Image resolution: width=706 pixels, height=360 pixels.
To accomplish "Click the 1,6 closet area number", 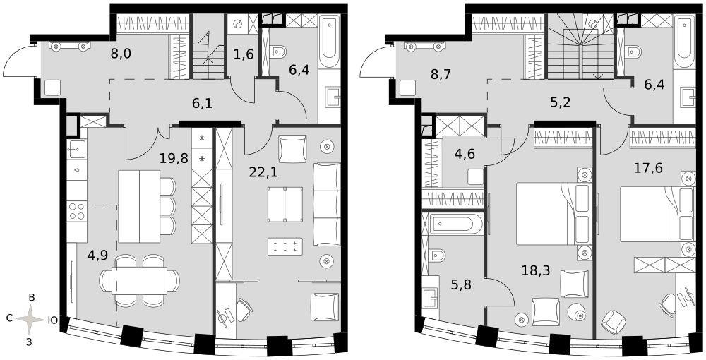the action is (x=244, y=54).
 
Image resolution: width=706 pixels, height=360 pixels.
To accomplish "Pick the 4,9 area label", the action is (x=98, y=255).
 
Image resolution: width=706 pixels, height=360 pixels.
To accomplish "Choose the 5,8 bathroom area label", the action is (x=462, y=285).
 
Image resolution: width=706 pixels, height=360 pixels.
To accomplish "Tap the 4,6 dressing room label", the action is (x=465, y=154).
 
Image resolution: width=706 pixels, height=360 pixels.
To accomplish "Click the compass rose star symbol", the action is (x=30, y=319).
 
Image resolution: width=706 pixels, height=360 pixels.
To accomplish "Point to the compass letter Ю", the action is (x=52, y=320).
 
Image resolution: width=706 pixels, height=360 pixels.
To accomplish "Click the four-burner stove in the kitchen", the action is (x=76, y=212).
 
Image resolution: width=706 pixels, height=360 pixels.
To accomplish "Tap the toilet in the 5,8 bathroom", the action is (x=436, y=256).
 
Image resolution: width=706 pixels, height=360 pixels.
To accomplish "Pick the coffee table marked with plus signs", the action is (x=285, y=246).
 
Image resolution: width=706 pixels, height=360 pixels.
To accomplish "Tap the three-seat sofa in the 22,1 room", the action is (x=327, y=205).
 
